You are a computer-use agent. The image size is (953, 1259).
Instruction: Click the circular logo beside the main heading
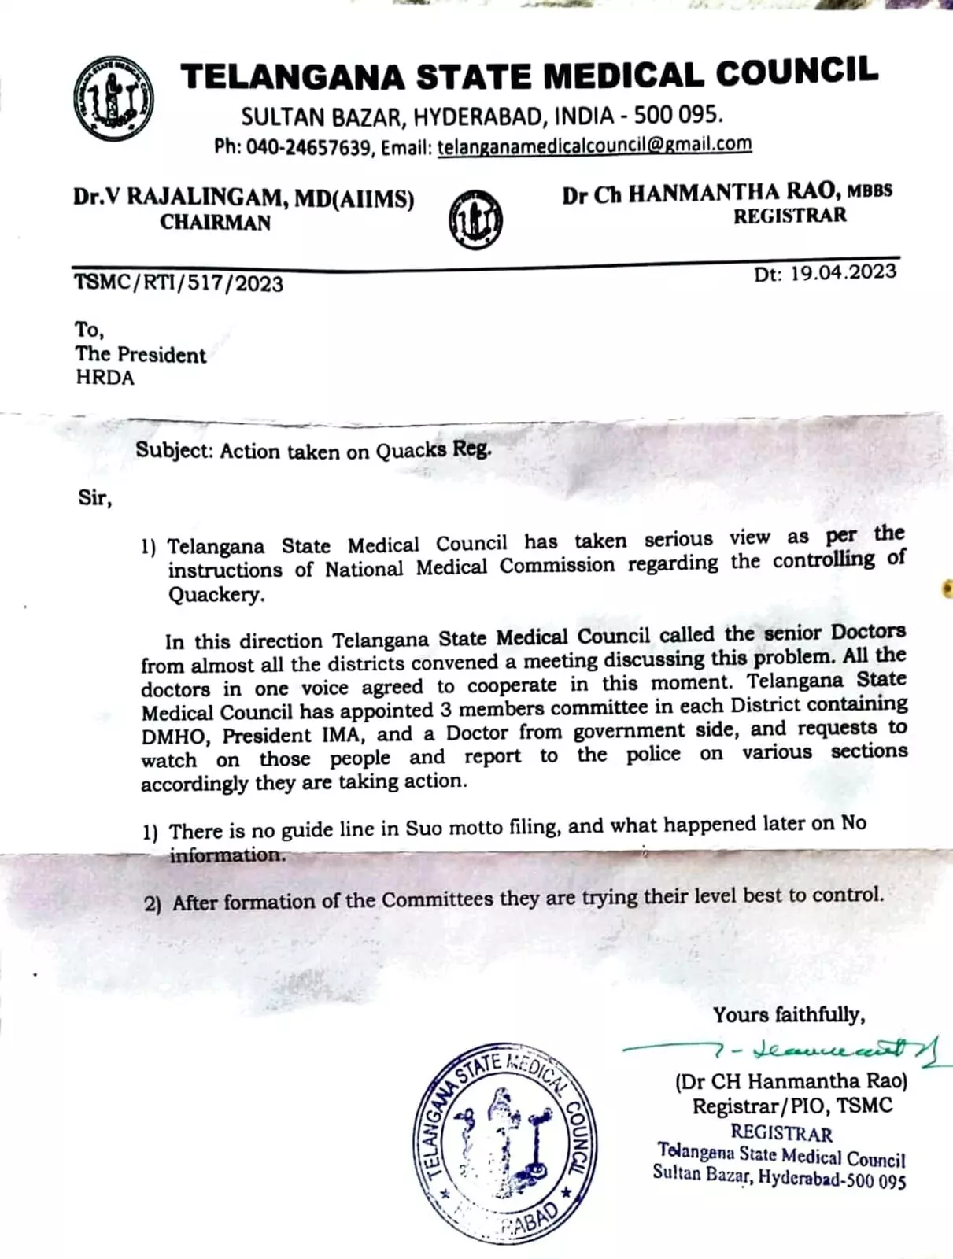click(x=113, y=99)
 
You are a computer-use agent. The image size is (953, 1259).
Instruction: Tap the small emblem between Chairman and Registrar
click(x=475, y=220)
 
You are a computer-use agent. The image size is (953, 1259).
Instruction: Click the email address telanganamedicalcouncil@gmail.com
click(x=594, y=145)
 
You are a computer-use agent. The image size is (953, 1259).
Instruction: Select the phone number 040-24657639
click(x=308, y=147)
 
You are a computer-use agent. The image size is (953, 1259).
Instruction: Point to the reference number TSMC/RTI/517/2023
click(x=179, y=282)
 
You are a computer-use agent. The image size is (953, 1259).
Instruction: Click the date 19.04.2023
click(x=843, y=272)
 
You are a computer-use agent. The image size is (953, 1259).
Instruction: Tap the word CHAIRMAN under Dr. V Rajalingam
click(x=215, y=223)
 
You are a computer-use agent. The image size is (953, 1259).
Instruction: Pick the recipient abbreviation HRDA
click(x=105, y=378)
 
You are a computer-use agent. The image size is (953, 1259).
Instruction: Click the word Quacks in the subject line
click(x=410, y=451)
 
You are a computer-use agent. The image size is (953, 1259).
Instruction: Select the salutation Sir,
click(x=94, y=498)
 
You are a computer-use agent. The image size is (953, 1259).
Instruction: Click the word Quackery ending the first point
click(x=216, y=594)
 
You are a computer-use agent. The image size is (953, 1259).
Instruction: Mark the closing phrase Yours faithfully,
click(x=789, y=1015)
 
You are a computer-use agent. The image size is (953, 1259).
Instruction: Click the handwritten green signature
click(x=787, y=1050)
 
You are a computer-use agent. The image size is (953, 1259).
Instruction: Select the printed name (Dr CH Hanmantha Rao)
click(x=791, y=1081)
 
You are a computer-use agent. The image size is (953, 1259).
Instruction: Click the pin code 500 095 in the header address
click(x=678, y=116)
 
